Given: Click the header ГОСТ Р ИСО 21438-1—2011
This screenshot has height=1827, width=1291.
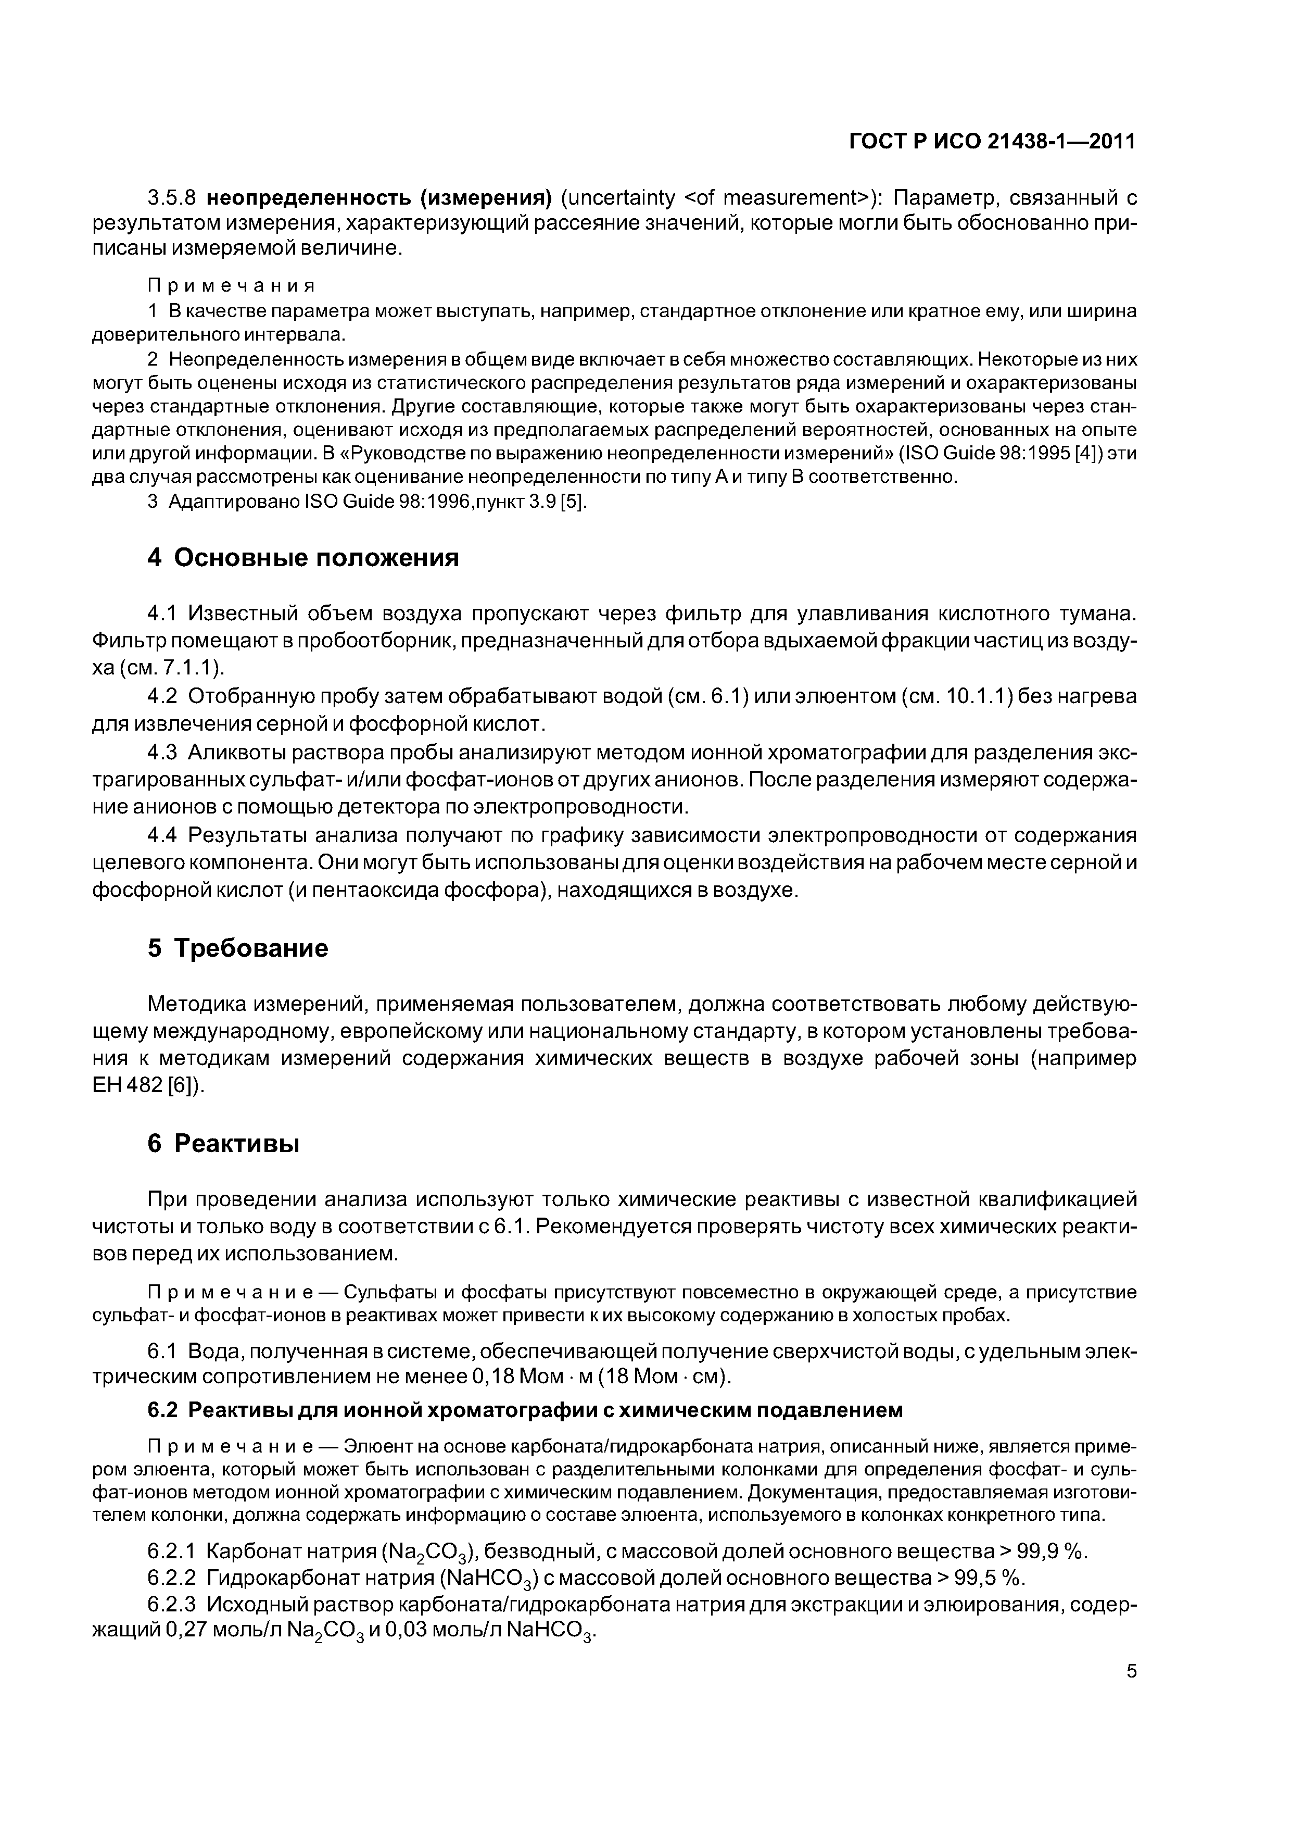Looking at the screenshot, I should pyautogui.click(x=992, y=142).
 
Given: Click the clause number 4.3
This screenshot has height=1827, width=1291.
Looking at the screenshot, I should pyautogui.click(x=164, y=753).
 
